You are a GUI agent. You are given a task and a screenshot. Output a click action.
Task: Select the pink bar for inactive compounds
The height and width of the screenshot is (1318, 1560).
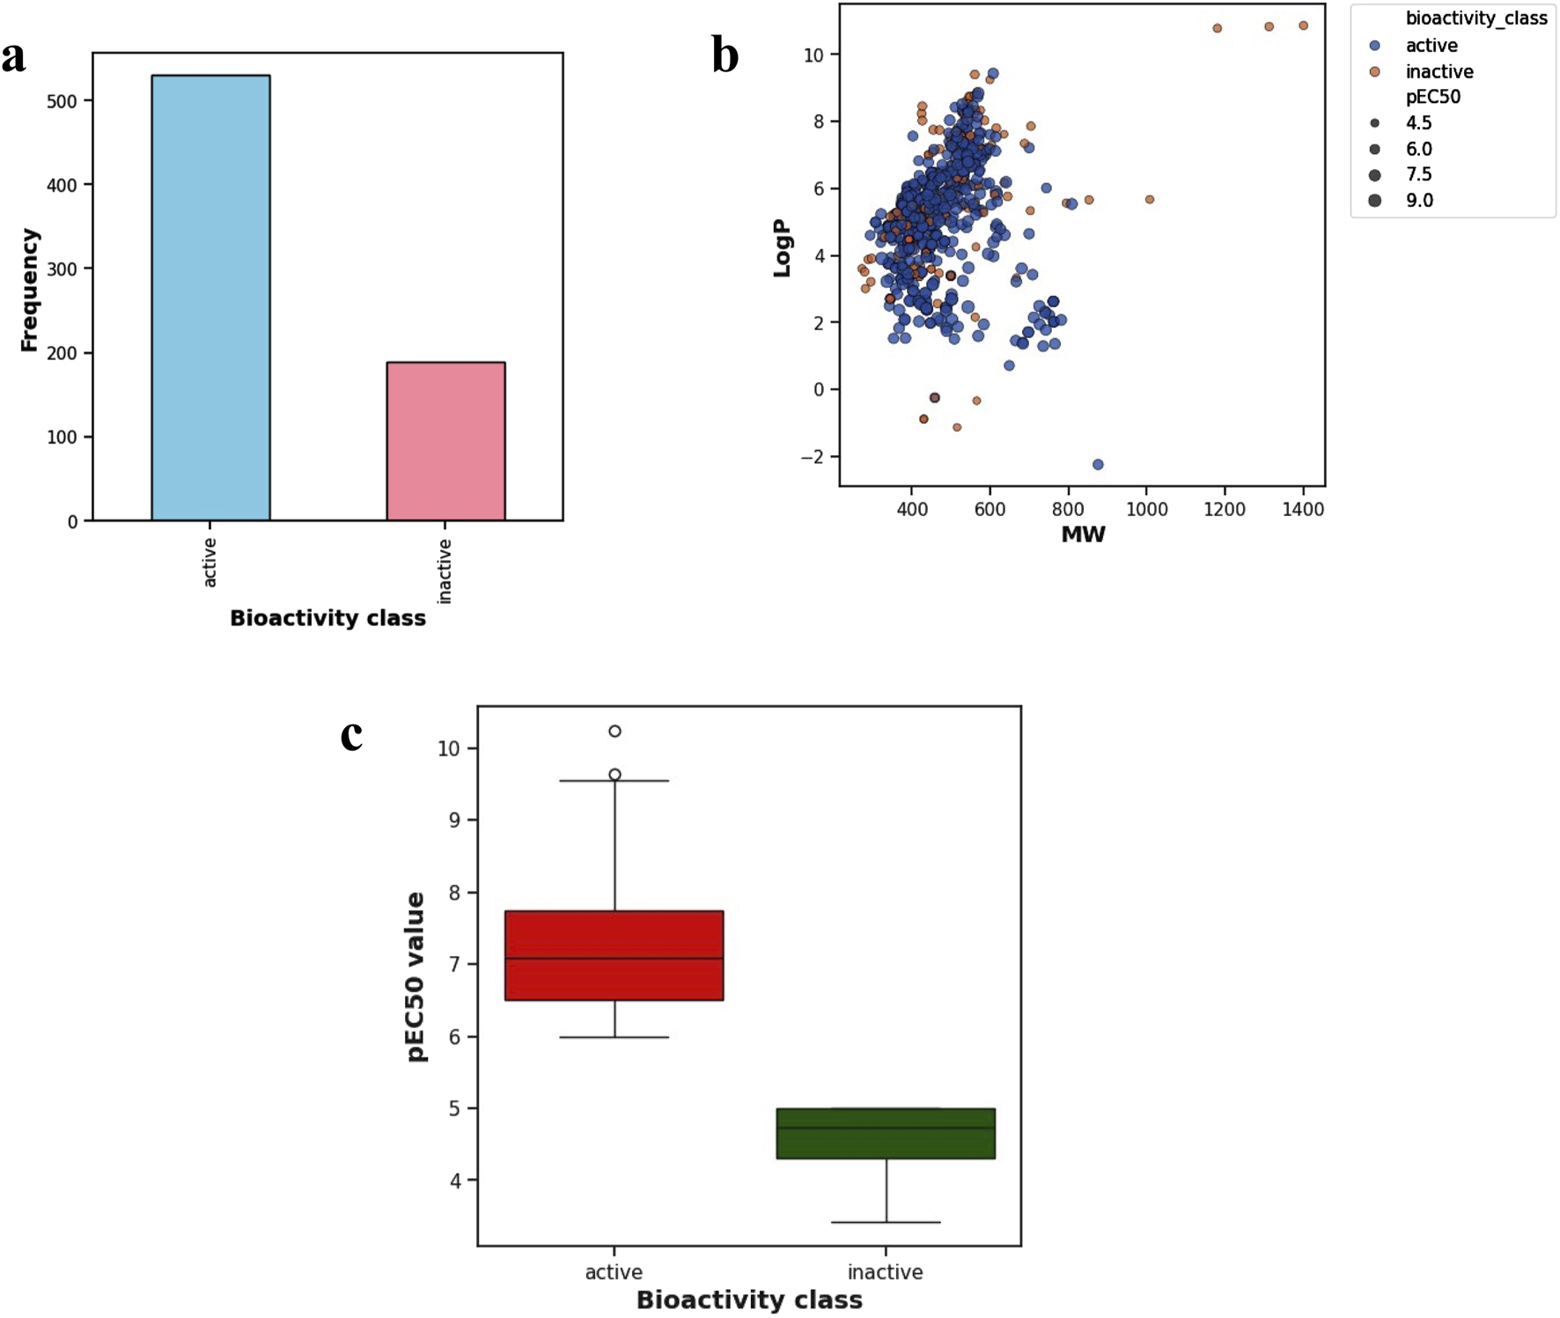(x=445, y=440)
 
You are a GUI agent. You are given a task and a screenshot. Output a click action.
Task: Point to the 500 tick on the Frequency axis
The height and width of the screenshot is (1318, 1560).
(x=62, y=101)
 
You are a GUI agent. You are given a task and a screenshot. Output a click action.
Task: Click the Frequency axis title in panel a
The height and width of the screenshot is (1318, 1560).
(x=29, y=291)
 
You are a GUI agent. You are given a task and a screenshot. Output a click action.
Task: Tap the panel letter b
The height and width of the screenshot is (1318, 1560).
(x=725, y=55)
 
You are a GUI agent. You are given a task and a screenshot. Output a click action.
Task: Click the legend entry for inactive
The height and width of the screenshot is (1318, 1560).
(x=1439, y=71)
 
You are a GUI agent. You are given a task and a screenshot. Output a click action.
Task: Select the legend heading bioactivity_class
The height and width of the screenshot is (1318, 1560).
(x=1475, y=18)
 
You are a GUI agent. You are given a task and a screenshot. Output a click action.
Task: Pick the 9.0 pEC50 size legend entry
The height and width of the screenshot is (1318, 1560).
(x=1418, y=201)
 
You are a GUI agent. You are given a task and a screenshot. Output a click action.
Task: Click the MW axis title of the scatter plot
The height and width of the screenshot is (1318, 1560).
(x=1082, y=534)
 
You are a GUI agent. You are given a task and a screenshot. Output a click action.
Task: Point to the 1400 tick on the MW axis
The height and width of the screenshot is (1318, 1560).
(x=1302, y=509)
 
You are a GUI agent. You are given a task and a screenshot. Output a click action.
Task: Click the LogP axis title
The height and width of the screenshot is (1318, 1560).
(x=782, y=248)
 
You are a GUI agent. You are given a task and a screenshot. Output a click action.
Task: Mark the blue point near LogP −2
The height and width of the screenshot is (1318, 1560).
(x=1098, y=464)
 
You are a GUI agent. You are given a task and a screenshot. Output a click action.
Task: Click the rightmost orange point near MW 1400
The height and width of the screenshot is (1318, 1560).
(x=1303, y=26)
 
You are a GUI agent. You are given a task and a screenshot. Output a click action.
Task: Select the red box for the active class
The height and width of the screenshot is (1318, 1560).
(x=614, y=955)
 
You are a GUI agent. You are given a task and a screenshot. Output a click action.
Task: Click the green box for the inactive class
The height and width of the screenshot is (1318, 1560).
(x=885, y=1133)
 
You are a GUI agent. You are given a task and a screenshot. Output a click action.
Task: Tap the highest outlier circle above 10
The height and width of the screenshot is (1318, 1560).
(x=614, y=731)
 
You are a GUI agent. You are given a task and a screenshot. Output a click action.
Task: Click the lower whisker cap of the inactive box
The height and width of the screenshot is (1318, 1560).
(x=886, y=1222)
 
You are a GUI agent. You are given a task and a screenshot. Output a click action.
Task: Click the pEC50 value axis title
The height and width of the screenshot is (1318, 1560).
(x=416, y=976)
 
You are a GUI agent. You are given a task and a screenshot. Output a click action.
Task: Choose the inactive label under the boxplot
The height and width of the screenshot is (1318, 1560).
(x=885, y=1271)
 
